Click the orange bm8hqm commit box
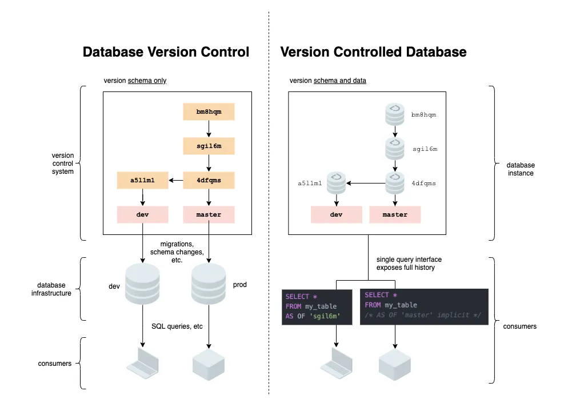209,111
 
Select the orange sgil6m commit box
209,146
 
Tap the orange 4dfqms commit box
209,181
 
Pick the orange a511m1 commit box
142,181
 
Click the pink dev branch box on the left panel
142,214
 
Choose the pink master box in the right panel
395,214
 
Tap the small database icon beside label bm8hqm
394,115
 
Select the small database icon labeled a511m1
337,183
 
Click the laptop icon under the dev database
142,362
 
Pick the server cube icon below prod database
209,362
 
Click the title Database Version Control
166,52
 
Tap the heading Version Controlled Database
373,52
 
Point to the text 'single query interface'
409,260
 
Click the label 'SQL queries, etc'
177,326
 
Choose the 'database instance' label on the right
521,169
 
